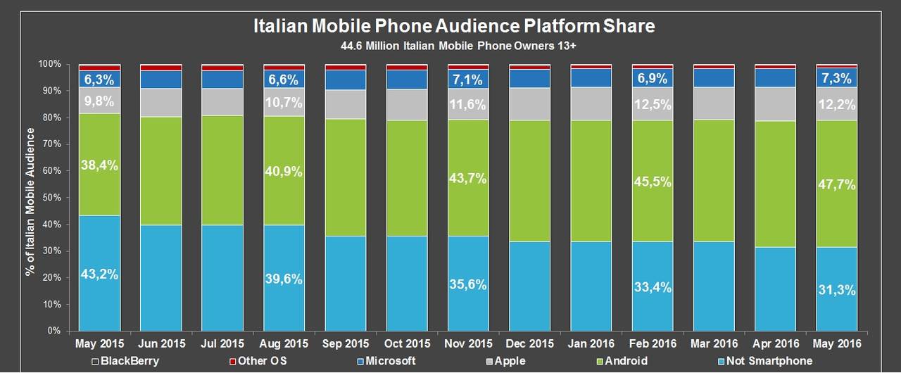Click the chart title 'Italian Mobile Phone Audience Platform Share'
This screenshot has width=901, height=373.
(454, 27)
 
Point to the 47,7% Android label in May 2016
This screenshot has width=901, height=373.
(836, 185)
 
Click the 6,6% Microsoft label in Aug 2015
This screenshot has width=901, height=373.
(284, 79)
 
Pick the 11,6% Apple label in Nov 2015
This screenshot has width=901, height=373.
(469, 103)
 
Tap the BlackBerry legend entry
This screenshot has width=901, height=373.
(127, 361)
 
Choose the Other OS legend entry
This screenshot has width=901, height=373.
(261, 361)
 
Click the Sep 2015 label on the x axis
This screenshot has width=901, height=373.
(346, 343)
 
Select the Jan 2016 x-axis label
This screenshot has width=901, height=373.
(591, 343)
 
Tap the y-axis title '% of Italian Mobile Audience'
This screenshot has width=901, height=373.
(30, 197)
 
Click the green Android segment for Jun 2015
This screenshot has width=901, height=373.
(161, 171)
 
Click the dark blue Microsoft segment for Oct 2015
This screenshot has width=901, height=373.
(407, 80)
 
